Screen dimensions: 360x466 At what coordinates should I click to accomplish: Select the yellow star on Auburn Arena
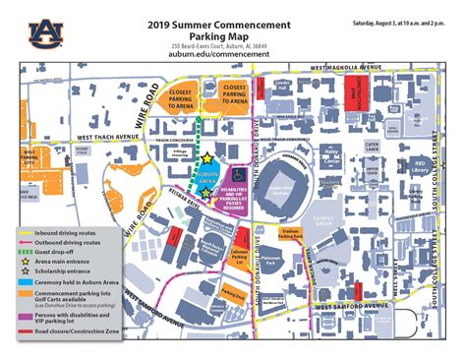point(207,158)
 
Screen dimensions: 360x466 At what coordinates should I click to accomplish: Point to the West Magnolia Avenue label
point(346,67)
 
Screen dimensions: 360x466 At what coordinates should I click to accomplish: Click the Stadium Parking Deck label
point(289,235)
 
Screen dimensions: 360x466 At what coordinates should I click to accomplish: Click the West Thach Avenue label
point(106,138)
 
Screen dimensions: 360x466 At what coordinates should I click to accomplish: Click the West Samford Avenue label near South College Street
point(340,309)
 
